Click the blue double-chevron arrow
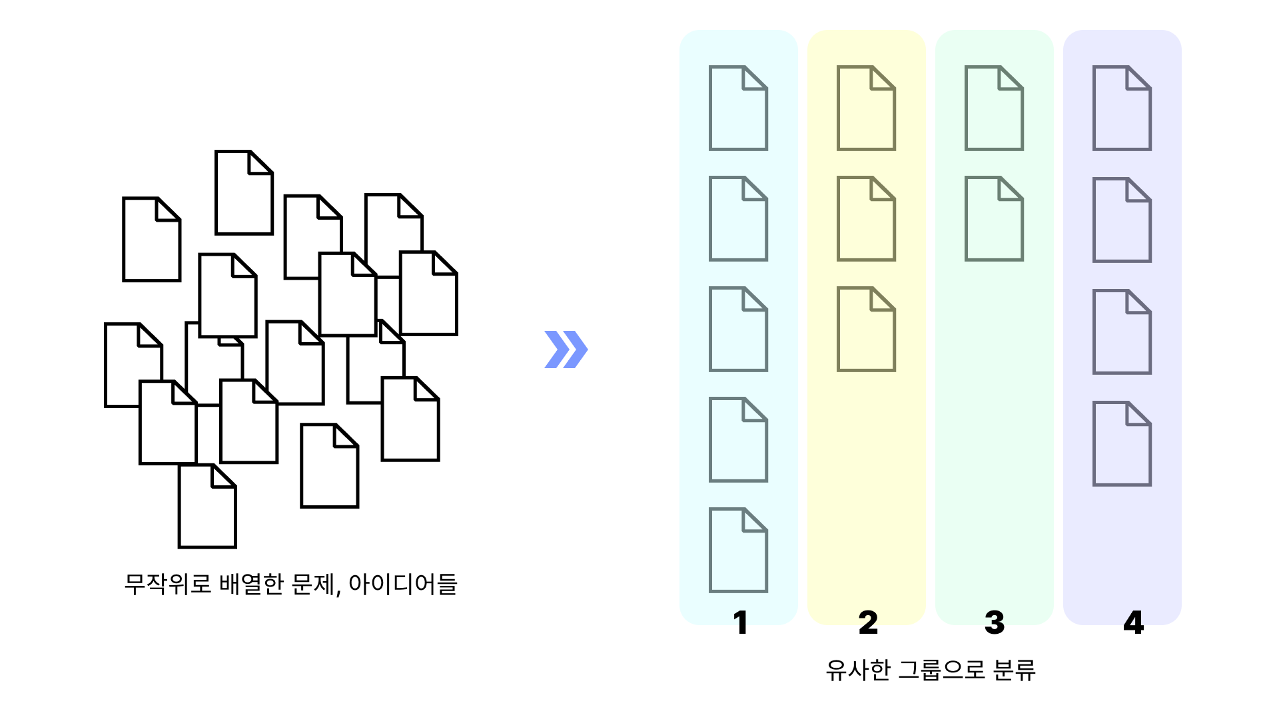coord(566,350)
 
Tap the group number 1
coord(739,622)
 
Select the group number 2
coord(868,622)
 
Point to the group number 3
coord(995,622)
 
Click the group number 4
coord(1133,622)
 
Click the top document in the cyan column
coord(738,108)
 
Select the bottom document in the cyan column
coord(738,550)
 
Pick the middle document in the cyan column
coord(738,329)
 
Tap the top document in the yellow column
coord(866,108)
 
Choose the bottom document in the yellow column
coord(866,329)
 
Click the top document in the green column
coord(994,108)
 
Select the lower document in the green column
coord(994,218)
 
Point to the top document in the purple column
coord(1122,108)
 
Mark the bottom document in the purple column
coord(1122,443)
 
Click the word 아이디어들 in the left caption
coord(402,584)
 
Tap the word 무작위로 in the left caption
coord(168,584)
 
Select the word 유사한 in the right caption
coord(858,670)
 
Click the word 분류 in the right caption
coord(1014,670)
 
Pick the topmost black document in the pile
coord(244,193)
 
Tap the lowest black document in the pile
coord(207,507)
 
